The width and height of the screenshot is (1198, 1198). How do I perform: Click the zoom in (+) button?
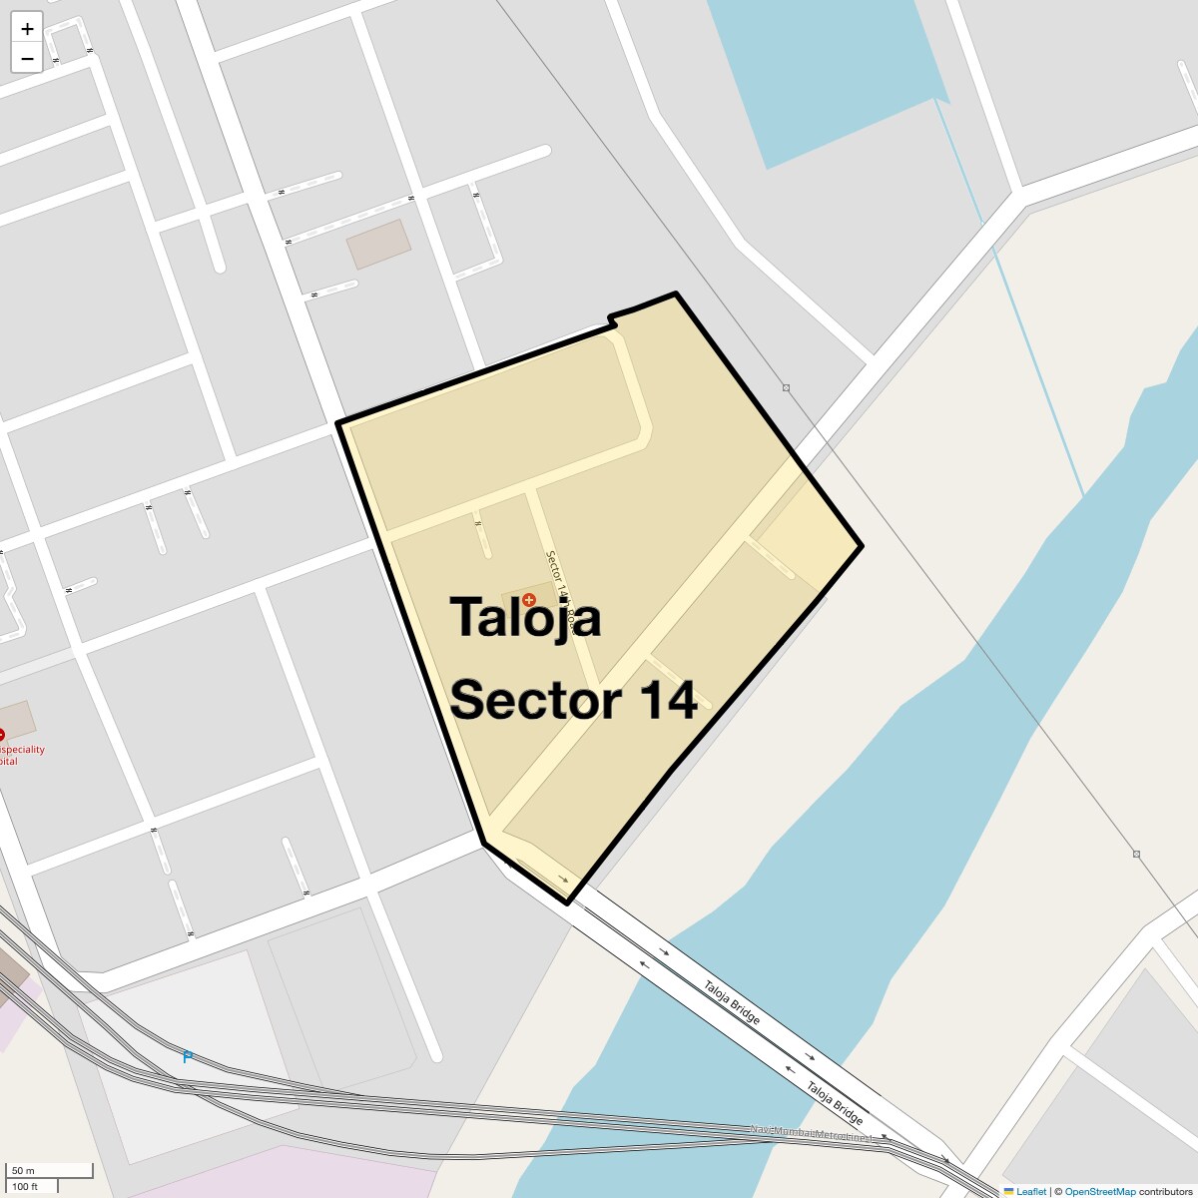coord(27,29)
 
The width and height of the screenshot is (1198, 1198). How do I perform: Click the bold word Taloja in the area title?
coord(525,617)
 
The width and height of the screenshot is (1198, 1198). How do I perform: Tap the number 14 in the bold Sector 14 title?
coord(668,700)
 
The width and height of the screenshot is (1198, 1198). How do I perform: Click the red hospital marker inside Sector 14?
coord(529,599)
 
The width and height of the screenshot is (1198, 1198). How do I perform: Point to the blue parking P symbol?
coord(187,1056)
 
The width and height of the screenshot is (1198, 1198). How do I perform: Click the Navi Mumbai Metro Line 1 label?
coord(811,1133)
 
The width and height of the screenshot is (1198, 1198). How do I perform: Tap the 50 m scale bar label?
coord(23,1170)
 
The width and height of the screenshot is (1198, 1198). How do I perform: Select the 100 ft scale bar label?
coord(25,1187)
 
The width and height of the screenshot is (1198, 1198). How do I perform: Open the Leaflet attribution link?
coord(1031,1191)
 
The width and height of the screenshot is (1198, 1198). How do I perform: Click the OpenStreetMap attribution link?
coord(1099,1191)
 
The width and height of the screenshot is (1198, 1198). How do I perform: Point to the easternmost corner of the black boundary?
coord(861,546)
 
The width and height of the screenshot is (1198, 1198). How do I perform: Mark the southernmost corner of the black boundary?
coord(568,902)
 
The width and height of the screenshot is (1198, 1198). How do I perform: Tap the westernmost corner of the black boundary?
coord(338,423)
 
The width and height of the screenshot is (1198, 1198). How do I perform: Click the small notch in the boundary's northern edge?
coord(611,319)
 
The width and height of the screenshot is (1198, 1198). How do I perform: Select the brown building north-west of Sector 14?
coord(378,244)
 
